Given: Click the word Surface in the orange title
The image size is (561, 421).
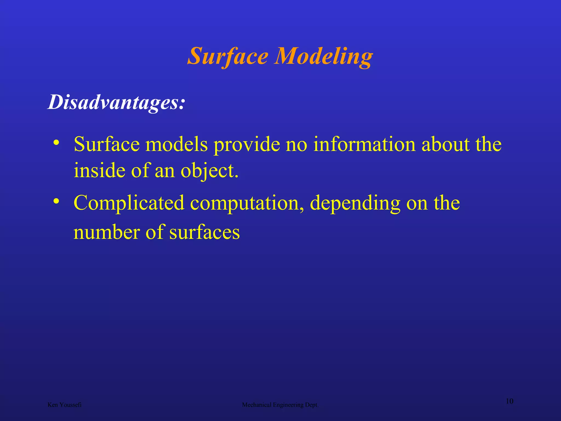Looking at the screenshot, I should point(228,56).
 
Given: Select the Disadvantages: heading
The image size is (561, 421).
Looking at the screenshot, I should point(116,102).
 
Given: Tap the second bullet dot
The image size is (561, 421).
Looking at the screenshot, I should point(56,201).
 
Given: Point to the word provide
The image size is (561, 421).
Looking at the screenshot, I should point(247,144).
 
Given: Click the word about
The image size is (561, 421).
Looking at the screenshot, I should point(445,144).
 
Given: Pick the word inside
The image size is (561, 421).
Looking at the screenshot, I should point(99,170).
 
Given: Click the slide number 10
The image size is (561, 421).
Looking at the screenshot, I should point(509,401).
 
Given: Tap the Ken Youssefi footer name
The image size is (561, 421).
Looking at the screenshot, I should point(64,405).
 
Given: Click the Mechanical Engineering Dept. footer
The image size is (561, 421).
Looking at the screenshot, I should point(280,405).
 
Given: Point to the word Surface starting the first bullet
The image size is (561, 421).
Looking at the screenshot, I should point(107,144).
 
